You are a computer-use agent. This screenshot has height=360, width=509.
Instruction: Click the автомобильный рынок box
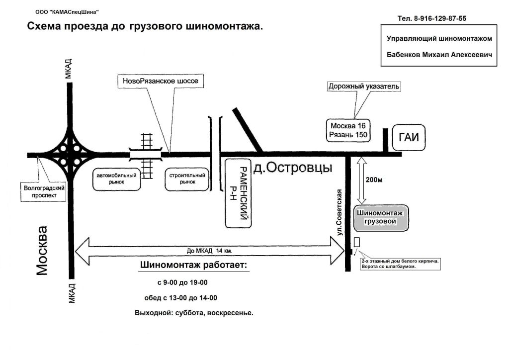coord(117,179)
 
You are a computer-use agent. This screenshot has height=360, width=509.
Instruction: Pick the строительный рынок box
coord(187,179)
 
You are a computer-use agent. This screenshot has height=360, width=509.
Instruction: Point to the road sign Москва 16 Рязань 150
coord(347,130)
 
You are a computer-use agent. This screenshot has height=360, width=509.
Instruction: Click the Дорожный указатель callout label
coord(364,86)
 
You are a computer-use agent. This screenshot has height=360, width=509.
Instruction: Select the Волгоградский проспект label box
coord(45,192)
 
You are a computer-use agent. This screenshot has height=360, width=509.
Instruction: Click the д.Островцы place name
coord(292,169)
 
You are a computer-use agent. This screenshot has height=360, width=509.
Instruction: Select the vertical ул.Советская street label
coord(340,212)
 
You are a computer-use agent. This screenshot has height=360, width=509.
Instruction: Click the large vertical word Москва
coord(43,250)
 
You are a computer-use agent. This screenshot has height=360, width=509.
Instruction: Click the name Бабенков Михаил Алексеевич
coord(439,55)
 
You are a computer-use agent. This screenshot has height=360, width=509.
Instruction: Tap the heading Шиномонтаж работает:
coord(194,265)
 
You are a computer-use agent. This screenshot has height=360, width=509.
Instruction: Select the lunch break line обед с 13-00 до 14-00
coord(182,298)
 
